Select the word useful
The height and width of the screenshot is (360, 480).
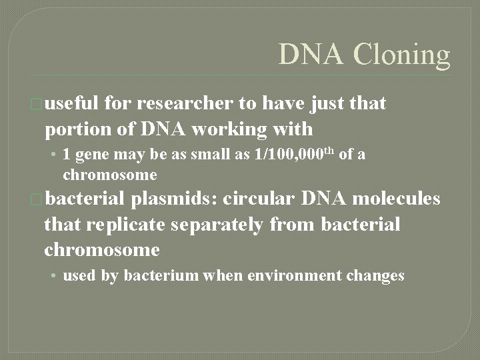click(73, 103)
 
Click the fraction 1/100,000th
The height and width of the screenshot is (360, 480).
click(296, 155)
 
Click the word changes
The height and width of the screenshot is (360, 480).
click(374, 276)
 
